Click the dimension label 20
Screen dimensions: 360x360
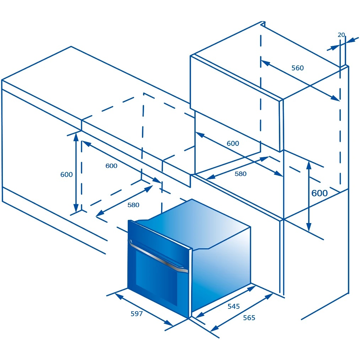click(x=341, y=35)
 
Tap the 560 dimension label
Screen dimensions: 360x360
click(x=297, y=68)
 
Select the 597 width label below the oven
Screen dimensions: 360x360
click(x=137, y=314)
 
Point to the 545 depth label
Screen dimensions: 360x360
click(x=233, y=306)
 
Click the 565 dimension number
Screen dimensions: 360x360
click(x=249, y=318)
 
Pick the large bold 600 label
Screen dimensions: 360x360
click(x=319, y=193)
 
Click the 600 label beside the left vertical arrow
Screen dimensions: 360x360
click(x=67, y=175)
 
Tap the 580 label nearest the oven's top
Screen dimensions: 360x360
click(x=133, y=205)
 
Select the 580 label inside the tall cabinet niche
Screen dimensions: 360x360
click(x=240, y=174)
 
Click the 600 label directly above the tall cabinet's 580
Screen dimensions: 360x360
click(x=233, y=143)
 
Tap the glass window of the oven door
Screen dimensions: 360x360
click(x=157, y=277)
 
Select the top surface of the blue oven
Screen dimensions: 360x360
click(x=193, y=224)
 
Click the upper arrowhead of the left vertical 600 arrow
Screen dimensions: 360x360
click(x=76, y=136)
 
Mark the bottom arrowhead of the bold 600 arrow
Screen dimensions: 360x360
click(x=309, y=227)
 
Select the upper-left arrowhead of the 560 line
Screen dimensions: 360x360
click(x=265, y=63)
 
